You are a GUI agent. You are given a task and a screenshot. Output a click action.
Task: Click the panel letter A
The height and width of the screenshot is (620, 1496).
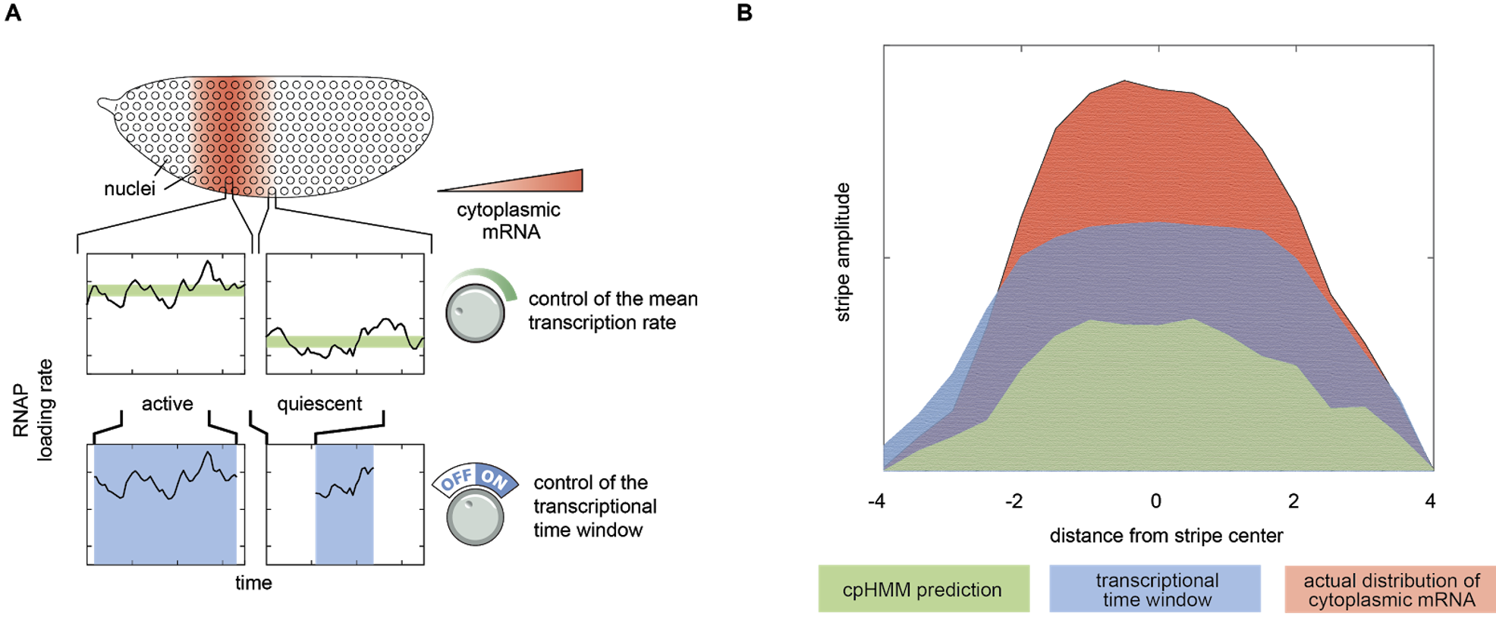(13, 13)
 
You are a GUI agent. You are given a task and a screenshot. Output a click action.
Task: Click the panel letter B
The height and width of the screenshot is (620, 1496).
(745, 13)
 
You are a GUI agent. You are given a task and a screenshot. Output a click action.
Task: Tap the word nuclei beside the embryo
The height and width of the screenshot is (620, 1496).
(130, 188)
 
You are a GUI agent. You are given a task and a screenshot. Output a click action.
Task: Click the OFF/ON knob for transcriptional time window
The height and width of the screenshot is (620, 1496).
(476, 516)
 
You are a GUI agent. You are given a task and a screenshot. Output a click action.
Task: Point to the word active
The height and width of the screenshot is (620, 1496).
(167, 404)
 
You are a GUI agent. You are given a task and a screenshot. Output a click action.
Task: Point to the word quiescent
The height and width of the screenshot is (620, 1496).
(319, 404)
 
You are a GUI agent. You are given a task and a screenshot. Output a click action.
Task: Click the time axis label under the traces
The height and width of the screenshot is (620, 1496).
(253, 583)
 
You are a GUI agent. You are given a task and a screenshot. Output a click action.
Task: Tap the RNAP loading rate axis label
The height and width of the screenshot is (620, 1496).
(33, 410)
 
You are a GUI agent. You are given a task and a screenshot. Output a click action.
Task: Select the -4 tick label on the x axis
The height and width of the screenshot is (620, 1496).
(876, 501)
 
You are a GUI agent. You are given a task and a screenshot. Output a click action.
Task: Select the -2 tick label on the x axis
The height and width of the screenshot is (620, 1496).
(1014, 501)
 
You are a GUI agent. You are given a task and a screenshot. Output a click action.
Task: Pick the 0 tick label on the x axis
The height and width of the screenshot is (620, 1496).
(1155, 501)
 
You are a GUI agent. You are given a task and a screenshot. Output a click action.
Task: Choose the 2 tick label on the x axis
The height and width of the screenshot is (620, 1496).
(1293, 501)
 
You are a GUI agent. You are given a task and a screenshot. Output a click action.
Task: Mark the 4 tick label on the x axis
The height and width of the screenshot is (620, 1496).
(1430, 501)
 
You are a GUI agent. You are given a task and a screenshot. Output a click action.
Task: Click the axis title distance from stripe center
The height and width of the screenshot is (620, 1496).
(1166, 536)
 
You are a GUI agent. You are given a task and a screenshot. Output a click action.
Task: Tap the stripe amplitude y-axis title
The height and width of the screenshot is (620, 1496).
(842, 252)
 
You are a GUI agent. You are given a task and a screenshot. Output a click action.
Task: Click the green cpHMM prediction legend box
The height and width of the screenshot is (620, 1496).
(923, 589)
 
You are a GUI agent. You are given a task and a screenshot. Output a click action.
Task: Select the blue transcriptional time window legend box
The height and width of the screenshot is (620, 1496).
(1155, 589)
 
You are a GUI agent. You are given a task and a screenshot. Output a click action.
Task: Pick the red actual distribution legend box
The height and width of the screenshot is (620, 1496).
(1390, 589)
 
